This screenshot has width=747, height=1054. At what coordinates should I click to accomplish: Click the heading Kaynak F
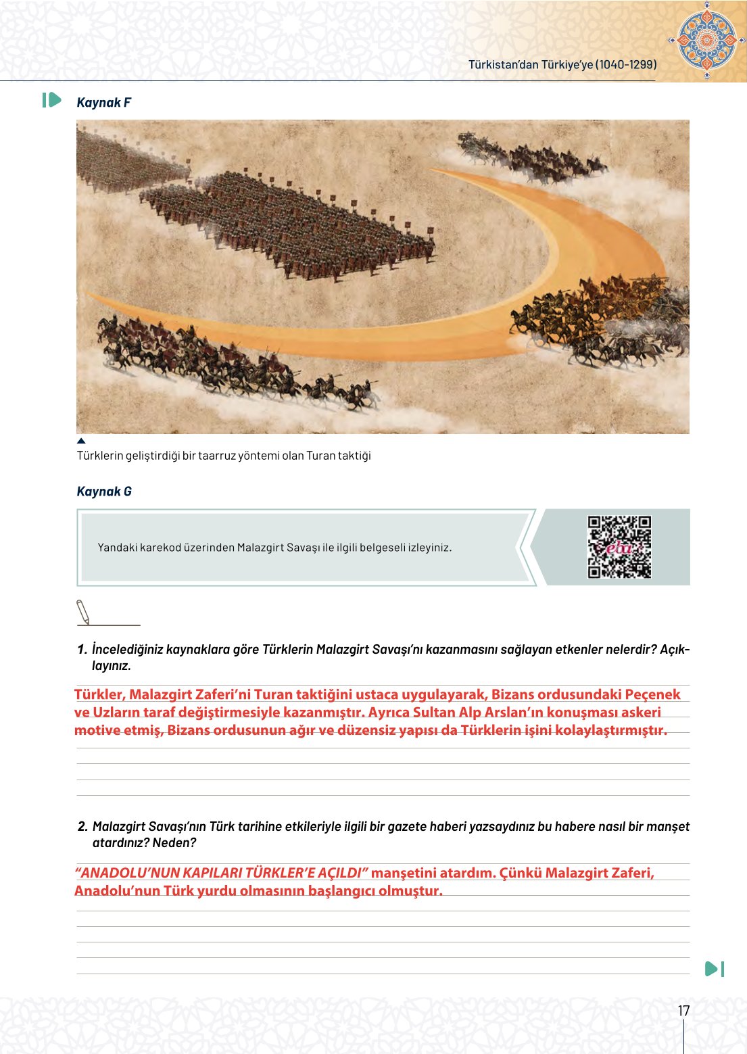click(103, 103)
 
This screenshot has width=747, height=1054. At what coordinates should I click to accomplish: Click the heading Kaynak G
click(104, 492)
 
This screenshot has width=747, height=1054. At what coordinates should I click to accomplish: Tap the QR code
click(619, 547)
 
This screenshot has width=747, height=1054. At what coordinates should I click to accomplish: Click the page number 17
click(683, 1011)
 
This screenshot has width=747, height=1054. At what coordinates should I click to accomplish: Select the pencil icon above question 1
click(83, 612)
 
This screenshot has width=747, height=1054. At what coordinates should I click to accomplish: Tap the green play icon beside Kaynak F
click(51, 101)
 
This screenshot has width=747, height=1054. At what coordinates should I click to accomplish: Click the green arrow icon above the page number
click(714, 969)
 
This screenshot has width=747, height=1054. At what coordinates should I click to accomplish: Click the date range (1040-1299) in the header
click(626, 65)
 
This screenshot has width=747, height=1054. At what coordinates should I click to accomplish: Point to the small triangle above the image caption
click(81, 441)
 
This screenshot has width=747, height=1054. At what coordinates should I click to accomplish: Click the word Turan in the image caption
click(320, 456)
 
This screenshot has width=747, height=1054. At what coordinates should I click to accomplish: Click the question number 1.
click(82, 650)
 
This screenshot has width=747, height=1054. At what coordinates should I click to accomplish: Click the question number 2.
click(82, 827)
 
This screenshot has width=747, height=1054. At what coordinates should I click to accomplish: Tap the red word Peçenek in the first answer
click(652, 694)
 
